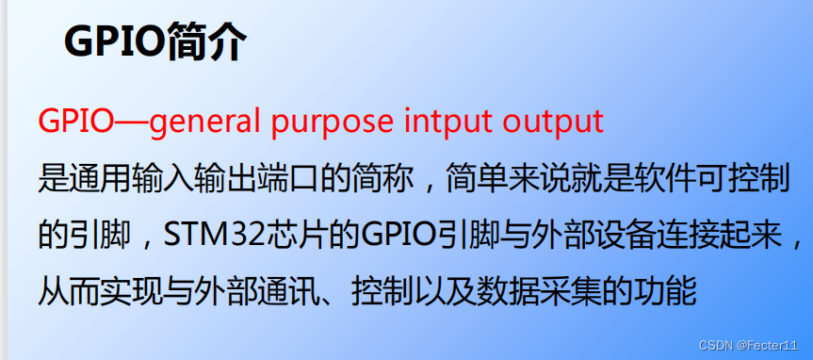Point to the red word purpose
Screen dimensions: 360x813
[x=334, y=122]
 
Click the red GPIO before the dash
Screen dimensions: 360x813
[x=75, y=122]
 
